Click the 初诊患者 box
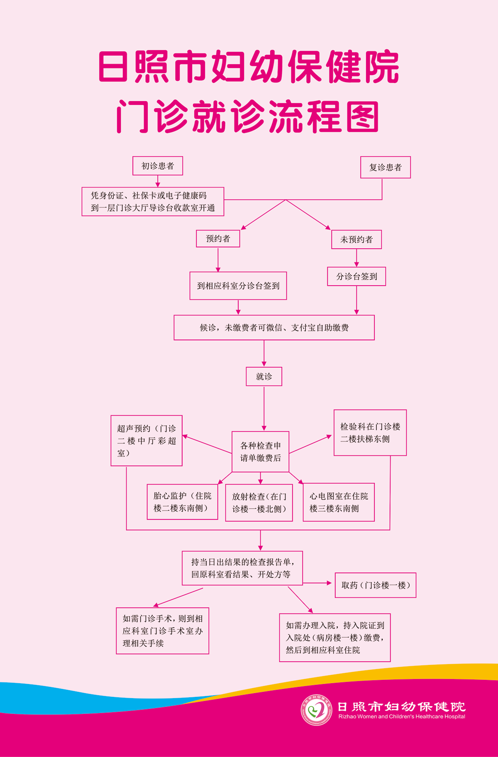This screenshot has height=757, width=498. click(158, 166)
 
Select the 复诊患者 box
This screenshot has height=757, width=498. click(385, 167)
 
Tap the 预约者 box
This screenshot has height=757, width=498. click(218, 239)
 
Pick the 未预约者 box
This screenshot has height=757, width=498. click(356, 240)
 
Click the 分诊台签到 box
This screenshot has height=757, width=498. click(356, 277)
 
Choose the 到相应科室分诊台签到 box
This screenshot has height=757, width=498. click(238, 286)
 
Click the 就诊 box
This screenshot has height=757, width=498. click(264, 376)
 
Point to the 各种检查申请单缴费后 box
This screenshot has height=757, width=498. click(260, 451)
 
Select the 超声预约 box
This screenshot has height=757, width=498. click(146, 441)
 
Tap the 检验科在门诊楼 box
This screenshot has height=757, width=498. click(370, 433)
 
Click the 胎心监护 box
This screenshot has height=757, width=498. click(182, 502)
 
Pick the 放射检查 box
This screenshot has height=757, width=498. click(259, 502)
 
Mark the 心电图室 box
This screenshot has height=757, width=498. click(339, 502)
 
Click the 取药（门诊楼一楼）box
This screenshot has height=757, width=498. click(375, 585)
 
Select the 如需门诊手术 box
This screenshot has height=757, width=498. click(162, 631)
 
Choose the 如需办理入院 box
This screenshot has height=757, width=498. click(334, 638)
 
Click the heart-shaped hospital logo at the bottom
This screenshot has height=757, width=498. click(316, 710)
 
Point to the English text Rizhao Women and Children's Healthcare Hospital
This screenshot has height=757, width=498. click(401, 716)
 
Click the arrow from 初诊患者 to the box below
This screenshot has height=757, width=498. click(158, 182)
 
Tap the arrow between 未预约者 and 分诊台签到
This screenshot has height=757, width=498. click(356, 258)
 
